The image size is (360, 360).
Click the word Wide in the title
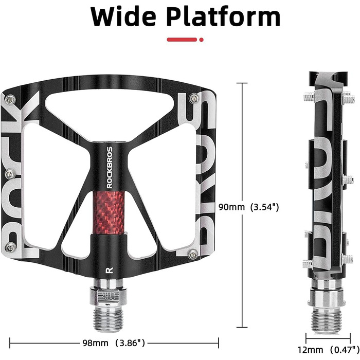tap(123, 16)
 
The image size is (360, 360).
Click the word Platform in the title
tap(223, 16)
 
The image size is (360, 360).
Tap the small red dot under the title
tap(202, 40)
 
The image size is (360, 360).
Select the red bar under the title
tap(182, 40)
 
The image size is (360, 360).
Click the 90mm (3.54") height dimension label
tap(248, 207)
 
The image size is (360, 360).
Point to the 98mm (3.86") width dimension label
tap(114, 343)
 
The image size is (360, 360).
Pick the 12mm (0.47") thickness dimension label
tap(328, 350)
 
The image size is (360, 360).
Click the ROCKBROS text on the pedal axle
tap(110, 168)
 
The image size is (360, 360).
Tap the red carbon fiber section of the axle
tap(109, 212)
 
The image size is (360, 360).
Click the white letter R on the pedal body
tap(109, 270)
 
